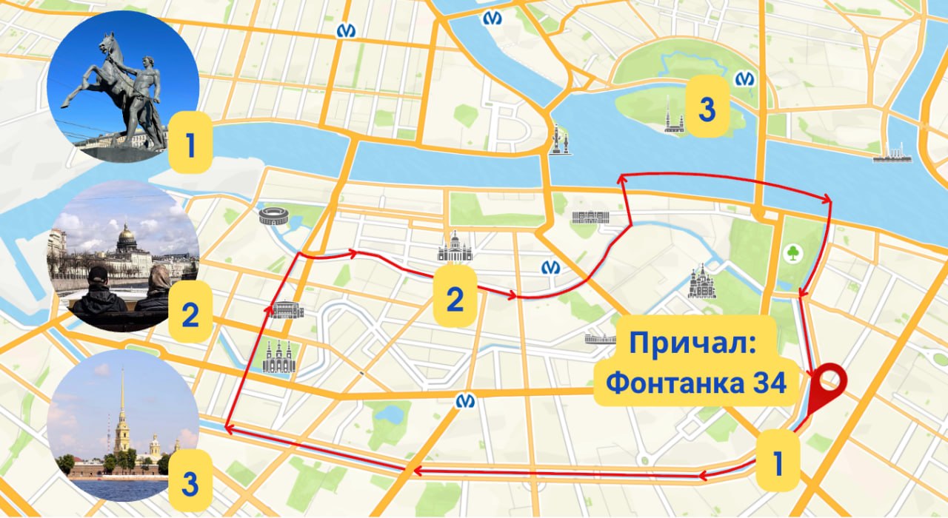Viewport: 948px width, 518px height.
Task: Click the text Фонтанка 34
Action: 696,383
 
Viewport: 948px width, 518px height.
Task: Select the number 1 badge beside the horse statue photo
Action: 191,147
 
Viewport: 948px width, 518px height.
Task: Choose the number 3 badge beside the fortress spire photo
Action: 190,485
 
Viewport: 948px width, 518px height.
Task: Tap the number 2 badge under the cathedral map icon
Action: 454,300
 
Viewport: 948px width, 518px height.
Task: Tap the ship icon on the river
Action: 892,153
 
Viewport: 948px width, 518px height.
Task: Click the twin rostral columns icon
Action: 559,140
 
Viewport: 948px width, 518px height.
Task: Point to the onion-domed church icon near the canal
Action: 701,282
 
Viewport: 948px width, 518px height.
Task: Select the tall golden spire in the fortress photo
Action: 121,400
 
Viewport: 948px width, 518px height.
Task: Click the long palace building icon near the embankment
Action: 590,217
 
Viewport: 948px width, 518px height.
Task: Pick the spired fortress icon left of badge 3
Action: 673,116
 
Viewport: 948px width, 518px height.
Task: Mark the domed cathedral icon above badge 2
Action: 454,247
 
